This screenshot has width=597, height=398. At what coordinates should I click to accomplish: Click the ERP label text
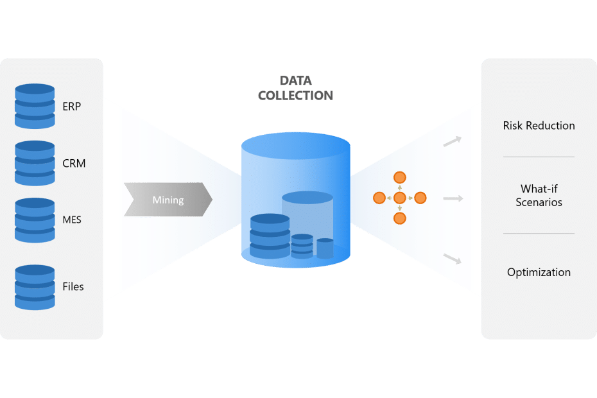click(x=72, y=107)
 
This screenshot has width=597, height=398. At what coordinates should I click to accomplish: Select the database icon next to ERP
click(x=35, y=107)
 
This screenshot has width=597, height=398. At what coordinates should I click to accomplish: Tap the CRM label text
click(x=74, y=163)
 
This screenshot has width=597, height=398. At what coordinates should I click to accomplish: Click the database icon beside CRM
click(x=35, y=163)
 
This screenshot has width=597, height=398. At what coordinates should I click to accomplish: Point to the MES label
click(x=72, y=220)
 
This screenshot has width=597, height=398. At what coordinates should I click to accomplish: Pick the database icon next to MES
click(x=35, y=220)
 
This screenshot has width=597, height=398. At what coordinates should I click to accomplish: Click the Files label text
click(x=73, y=286)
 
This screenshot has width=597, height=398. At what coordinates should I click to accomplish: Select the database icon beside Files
click(x=35, y=287)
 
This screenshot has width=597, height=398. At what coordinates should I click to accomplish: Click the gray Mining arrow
click(x=168, y=200)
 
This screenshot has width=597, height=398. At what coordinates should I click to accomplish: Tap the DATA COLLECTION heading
click(x=296, y=89)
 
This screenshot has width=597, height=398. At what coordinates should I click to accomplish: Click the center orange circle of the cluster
click(x=399, y=198)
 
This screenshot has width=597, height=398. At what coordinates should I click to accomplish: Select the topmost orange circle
click(x=399, y=177)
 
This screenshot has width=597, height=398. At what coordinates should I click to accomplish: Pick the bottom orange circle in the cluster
click(x=399, y=218)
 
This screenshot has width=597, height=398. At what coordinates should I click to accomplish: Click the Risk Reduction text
click(x=539, y=126)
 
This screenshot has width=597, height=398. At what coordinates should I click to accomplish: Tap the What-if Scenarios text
click(x=539, y=196)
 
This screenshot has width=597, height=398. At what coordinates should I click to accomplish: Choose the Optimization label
click(x=539, y=272)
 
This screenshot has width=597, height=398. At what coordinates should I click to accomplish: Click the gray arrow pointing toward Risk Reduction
click(x=453, y=141)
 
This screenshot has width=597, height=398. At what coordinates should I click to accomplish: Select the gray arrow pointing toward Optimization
click(x=453, y=258)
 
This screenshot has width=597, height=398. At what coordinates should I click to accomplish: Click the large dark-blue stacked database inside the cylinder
click(x=270, y=236)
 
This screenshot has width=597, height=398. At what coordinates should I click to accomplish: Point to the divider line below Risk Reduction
click(x=539, y=157)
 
